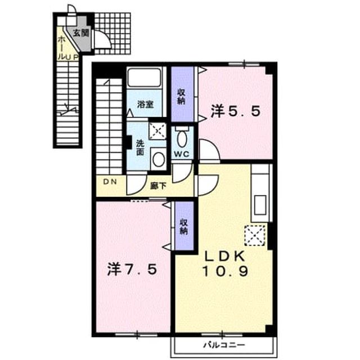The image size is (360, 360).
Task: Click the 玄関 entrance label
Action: pyautogui.click(x=81, y=34)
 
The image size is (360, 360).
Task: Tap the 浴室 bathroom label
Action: pyautogui.click(x=145, y=105)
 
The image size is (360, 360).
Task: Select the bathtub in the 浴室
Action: pyautogui.click(x=145, y=78)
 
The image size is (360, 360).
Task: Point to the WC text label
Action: pyautogui.click(x=182, y=154)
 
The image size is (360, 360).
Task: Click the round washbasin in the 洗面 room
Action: pyautogui.click(x=159, y=159)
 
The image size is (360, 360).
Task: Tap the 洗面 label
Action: pyautogui.click(x=140, y=147)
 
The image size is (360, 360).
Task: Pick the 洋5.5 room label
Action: pyautogui.click(x=236, y=111)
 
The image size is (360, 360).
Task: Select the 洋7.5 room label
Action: pyautogui.click(x=133, y=269)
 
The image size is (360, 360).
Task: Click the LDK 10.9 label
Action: pyautogui.click(x=225, y=264)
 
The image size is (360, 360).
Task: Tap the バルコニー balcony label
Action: pyautogui.click(x=224, y=345)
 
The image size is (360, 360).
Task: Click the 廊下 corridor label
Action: pyautogui.click(x=158, y=186)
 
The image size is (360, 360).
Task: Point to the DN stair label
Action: pyautogui.click(x=110, y=182)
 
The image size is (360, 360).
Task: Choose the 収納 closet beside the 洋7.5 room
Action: pyautogui.click(x=184, y=227)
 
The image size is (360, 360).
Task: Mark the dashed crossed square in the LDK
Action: pyautogui.click(x=255, y=236)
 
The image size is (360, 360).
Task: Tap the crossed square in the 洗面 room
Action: pyautogui.click(x=157, y=131)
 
